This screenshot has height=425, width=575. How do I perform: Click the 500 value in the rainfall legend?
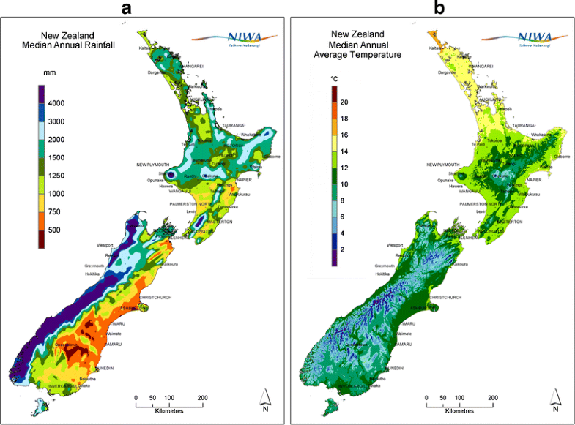tap(56, 230)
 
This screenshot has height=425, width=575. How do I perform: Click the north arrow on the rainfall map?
tap(267, 399)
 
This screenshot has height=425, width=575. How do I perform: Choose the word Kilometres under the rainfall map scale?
tap(168, 411)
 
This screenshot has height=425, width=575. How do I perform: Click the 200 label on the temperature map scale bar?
tap(492, 398)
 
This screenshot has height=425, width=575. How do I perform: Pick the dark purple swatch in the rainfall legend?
tap(44, 94)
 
